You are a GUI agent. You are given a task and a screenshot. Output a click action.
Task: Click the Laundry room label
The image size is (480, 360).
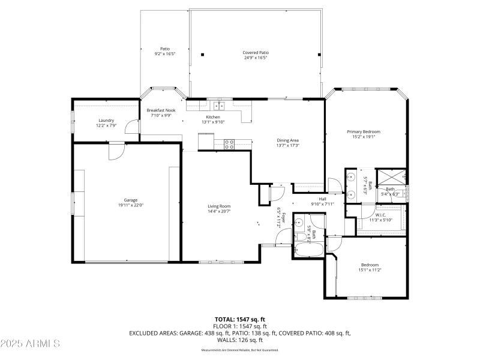pos(106,121)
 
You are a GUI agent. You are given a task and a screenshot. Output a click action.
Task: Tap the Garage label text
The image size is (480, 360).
pos(131,200)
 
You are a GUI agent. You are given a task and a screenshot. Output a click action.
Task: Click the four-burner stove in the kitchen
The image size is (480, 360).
pos(229,143)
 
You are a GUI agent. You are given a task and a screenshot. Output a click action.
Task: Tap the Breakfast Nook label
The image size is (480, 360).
pos(161,110)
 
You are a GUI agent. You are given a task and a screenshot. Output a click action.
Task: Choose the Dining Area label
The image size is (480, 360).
pos(287,140)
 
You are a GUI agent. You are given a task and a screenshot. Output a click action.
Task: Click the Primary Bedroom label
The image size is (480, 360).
pos(363,132)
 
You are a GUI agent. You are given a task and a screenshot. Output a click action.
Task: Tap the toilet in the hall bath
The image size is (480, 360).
pos(299,224)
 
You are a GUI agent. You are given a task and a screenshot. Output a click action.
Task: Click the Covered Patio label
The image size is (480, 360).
pos(255,53)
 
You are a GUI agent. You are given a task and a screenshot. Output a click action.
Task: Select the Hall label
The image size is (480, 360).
pos(322,199)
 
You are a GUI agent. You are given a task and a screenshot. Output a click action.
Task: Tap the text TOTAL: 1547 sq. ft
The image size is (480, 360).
pos(240,319)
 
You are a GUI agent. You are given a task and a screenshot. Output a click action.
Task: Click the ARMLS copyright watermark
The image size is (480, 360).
pos(31,344)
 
